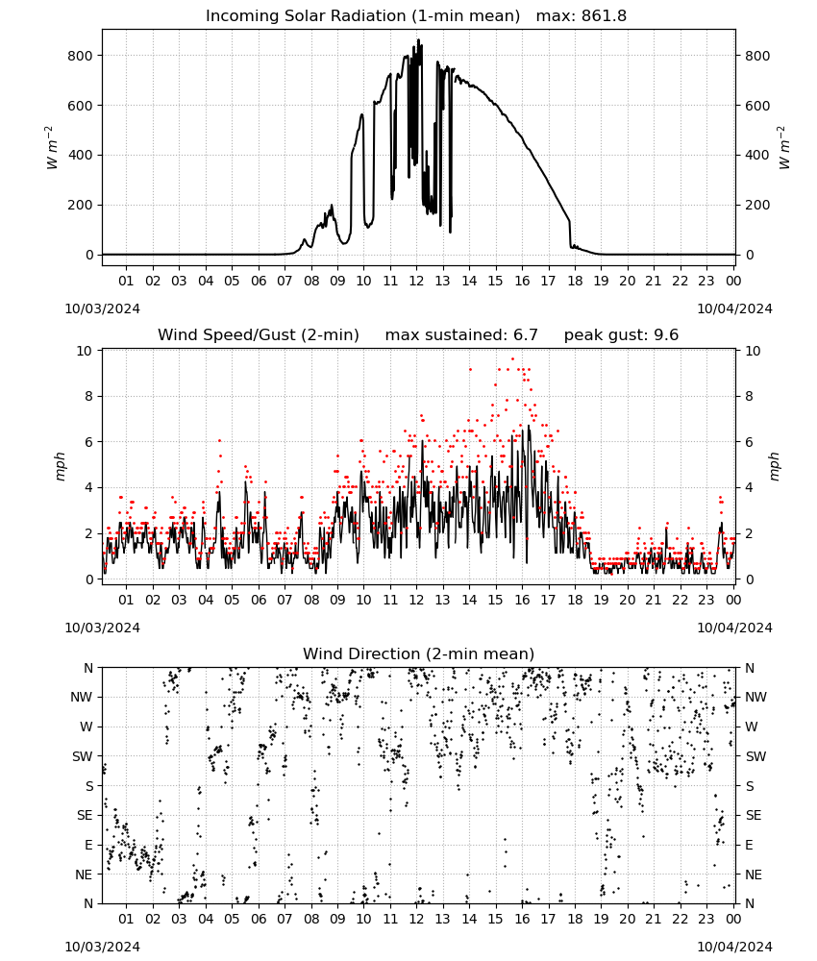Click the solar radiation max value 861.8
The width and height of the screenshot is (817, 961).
(x=604, y=16)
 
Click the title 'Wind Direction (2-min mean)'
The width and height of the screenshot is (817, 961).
(x=419, y=653)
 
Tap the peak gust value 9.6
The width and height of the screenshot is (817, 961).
(x=665, y=335)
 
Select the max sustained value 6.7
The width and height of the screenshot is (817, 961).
(x=525, y=335)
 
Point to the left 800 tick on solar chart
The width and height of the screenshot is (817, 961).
(x=81, y=56)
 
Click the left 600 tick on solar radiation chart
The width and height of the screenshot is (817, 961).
(x=81, y=106)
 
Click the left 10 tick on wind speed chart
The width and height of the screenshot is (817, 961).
(x=85, y=351)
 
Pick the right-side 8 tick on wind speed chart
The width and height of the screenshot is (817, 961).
(x=749, y=397)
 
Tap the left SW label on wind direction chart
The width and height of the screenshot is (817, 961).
(x=83, y=756)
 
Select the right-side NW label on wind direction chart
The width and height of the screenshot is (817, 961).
(x=755, y=697)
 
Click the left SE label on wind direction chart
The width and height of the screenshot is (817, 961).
(x=85, y=815)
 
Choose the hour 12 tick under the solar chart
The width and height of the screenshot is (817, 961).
(x=416, y=281)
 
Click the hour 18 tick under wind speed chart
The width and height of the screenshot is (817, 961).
(x=575, y=600)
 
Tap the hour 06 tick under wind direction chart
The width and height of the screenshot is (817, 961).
(x=259, y=919)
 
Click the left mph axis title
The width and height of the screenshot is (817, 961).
(x=60, y=466)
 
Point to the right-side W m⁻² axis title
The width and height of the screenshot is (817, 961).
(x=784, y=148)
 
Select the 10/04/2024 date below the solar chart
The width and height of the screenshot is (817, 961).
(x=734, y=308)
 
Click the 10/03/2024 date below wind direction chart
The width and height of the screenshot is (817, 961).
(x=102, y=947)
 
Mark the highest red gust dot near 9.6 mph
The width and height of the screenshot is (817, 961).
(x=513, y=359)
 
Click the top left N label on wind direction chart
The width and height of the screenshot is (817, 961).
(x=88, y=668)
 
